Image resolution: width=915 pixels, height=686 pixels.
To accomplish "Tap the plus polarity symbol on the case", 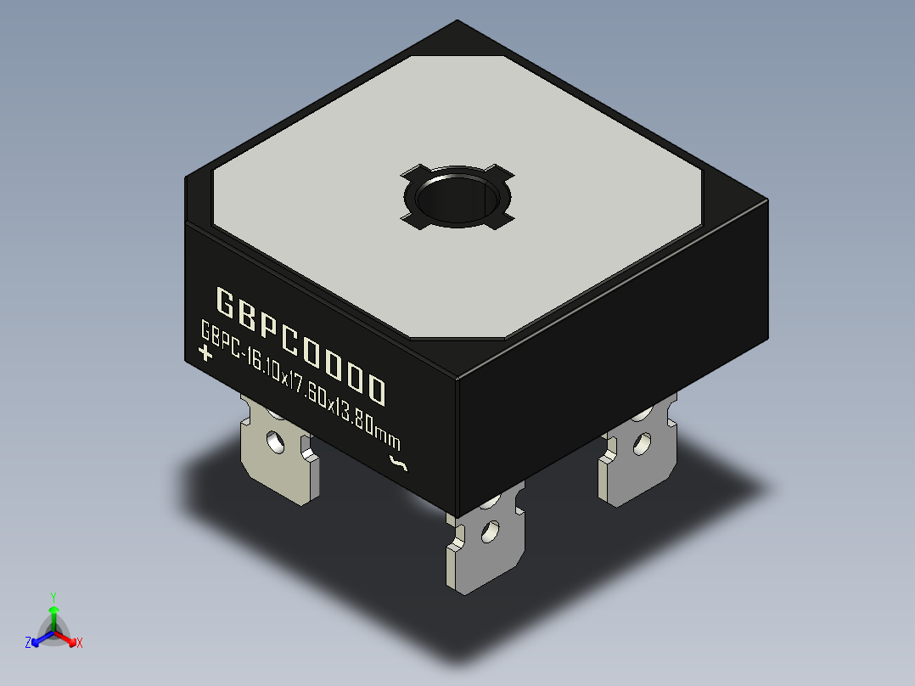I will pos(205,353).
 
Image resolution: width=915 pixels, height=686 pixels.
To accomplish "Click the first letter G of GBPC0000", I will pos(227,301).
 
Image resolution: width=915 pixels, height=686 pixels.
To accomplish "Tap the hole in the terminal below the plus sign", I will pos(274,441).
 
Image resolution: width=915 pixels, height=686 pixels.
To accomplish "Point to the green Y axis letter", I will pos(53,597).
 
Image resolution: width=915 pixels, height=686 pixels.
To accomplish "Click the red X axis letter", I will pos(80,643).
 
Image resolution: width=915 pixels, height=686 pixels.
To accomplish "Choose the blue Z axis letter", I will pos(28,643).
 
